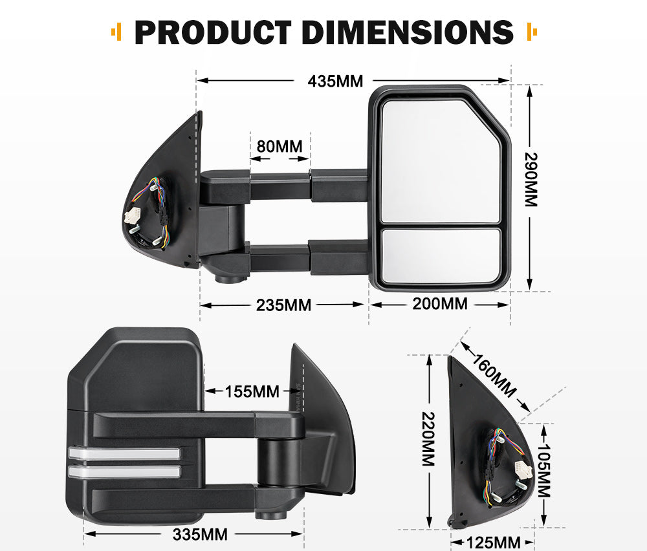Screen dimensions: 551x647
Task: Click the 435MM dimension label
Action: [335, 81]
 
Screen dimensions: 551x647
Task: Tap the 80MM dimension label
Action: [280, 146]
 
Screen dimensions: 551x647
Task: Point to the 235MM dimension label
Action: [283, 305]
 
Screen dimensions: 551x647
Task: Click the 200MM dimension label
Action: [440, 303]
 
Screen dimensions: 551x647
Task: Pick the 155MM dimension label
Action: [252, 391]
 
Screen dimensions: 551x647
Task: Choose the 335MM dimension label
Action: [201, 534]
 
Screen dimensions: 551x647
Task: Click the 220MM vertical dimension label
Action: [428, 439]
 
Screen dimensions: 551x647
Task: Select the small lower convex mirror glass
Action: [442, 255]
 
